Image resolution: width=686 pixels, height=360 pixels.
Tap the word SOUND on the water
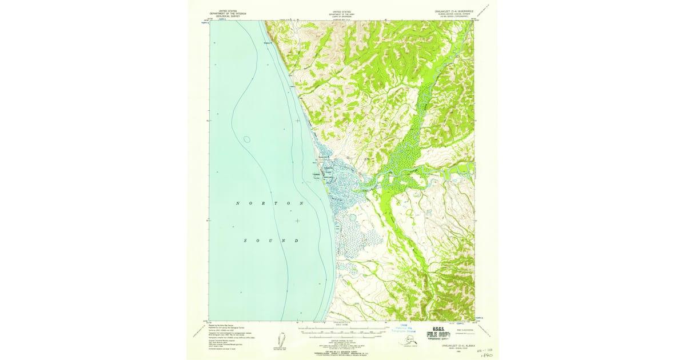(272, 241)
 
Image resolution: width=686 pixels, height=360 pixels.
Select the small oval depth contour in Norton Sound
(246, 139)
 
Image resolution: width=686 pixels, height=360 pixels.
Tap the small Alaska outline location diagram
(408, 342)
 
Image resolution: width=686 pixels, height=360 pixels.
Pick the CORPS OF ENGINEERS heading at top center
(342, 17)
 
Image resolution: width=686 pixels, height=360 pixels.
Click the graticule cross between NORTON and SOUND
(297, 221)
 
